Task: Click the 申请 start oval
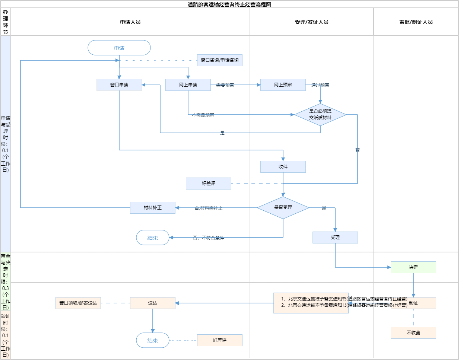[119, 48]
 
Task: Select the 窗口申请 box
[119, 85]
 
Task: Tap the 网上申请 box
[188, 85]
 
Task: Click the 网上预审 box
[283, 85]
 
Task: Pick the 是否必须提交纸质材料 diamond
[320, 114]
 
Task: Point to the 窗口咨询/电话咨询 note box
[220, 60]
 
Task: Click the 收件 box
[283, 167]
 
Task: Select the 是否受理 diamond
[283, 207]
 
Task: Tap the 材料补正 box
[153, 208]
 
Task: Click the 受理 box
[335, 238]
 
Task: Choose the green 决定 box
[413, 267]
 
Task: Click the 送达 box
[153, 303]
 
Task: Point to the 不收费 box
[413, 333]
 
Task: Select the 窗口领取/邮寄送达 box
[78, 303]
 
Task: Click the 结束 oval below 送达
[153, 340]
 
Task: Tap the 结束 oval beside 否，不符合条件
[153, 238]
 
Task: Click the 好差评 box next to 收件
[209, 184]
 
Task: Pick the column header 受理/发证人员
[312, 22]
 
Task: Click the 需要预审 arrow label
[225, 85]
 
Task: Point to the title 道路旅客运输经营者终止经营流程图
[229, 4]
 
